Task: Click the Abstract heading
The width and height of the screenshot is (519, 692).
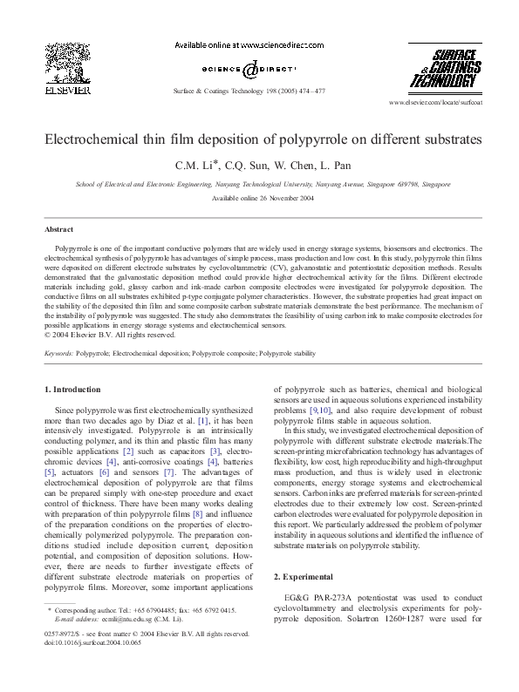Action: pyautogui.click(x=58, y=228)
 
